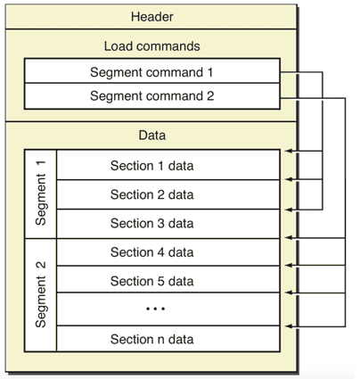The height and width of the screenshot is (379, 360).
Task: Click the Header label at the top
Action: click(151, 17)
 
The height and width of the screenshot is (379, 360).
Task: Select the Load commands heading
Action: click(151, 46)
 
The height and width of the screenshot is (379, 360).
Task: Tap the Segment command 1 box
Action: click(152, 70)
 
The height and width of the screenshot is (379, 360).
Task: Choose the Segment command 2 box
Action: click(152, 96)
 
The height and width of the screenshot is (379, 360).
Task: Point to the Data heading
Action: click(151, 136)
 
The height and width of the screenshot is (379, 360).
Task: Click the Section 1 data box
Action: click(168, 165)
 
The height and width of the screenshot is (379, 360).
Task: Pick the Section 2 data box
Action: click(168, 194)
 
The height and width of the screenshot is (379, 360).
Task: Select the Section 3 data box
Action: click(168, 224)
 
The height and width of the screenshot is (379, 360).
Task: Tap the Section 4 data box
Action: click(168, 252)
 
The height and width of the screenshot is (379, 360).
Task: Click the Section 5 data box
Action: click(168, 279)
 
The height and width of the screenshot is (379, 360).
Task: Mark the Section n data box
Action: click(168, 339)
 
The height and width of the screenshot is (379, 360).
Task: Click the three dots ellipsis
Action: click(155, 309)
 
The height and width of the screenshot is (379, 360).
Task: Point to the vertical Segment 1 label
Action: click(41, 193)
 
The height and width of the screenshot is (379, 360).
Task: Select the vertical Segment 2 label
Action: click(41, 294)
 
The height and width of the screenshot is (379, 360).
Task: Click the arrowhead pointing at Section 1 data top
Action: click(288, 151)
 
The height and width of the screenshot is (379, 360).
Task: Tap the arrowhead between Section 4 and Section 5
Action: click(288, 265)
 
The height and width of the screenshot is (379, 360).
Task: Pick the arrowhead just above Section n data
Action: click(288, 326)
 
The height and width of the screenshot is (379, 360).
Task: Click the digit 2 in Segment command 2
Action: click(210, 95)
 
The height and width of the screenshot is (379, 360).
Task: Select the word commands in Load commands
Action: click(168, 46)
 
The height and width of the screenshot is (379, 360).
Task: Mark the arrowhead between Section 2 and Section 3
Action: click(288, 210)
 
